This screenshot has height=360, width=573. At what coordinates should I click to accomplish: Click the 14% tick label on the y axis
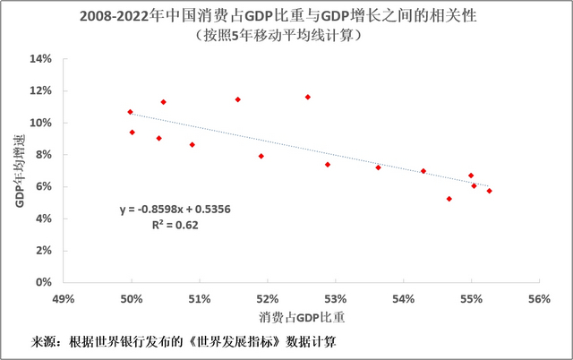coord(42,59)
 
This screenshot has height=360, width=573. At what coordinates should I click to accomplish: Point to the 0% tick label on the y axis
coord(45,282)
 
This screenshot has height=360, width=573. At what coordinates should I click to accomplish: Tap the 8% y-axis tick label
coord(45,155)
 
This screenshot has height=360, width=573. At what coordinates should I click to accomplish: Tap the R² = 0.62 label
coord(175,226)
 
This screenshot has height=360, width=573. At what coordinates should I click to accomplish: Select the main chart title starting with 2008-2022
coord(286,16)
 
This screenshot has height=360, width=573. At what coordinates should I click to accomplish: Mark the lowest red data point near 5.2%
coord(449,199)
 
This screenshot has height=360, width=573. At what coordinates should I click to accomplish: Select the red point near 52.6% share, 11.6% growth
coord(307,97)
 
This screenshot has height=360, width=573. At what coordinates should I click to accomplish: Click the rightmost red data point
coord(489,191)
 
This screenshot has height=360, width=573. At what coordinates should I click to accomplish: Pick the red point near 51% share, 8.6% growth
coord(192,144)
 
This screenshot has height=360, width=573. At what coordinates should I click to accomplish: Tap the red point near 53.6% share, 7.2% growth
coord(378,167)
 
